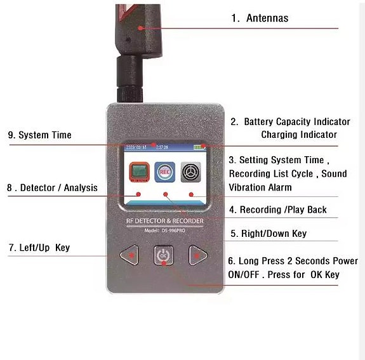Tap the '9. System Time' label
tap(39, 135)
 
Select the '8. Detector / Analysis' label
tap(53, 187)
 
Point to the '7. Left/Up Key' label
tap(39, 247)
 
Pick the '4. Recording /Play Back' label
tap(278, 210)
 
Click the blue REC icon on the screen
tap(164, 172)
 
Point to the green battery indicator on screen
tap(200, 147)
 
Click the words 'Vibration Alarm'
tap(260, 187)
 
